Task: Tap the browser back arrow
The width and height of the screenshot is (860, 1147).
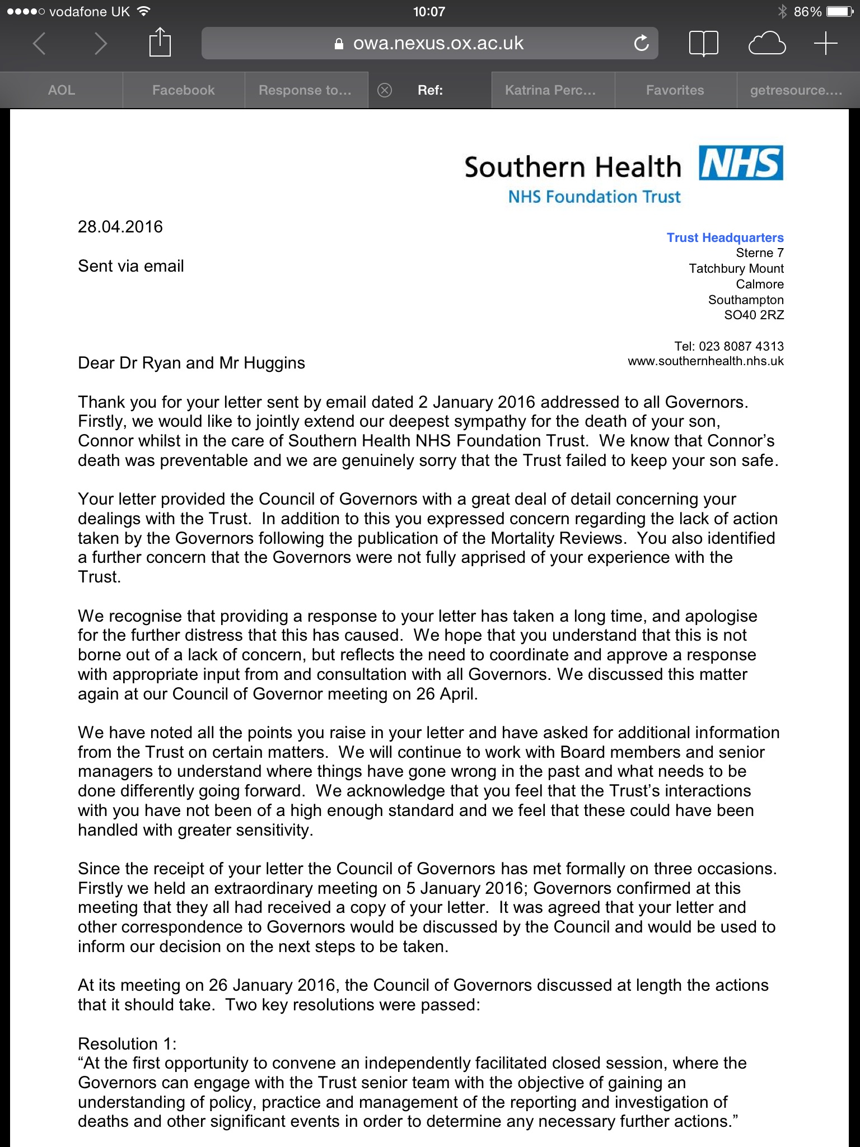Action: (x=39, y=43)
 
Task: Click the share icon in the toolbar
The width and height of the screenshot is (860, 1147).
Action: (x=160, y=43)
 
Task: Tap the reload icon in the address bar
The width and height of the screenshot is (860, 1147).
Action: (x=641, y=43)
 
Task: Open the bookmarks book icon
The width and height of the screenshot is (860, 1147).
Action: (x=703, y=43)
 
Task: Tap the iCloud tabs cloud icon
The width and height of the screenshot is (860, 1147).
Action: (x=767, y=43)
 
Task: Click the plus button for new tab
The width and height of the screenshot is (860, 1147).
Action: (x=825, y=43)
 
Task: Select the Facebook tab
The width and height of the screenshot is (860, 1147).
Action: (x=183, y=90)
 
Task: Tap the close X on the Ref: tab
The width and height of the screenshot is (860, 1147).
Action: (x=385, y=90)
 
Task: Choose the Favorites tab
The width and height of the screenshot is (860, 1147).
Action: (x=675, y=90)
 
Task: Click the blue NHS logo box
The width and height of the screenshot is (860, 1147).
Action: (x=741, y=163)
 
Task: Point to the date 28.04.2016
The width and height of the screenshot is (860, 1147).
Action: (x=120, y=227)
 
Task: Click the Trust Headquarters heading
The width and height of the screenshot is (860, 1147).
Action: (x=725, y=237)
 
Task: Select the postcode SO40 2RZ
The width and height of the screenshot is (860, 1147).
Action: (x=754, y=315)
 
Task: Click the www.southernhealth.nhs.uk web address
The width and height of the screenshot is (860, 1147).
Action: (x=705, y=361)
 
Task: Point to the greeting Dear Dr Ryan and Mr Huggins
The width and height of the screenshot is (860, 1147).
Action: (x=191, y=363)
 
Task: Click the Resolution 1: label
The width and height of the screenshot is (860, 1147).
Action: (x=127, y=1044)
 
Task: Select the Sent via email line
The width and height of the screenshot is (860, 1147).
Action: (x=131, y=266)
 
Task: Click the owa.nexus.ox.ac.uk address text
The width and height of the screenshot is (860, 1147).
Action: (x=438, y=43)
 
